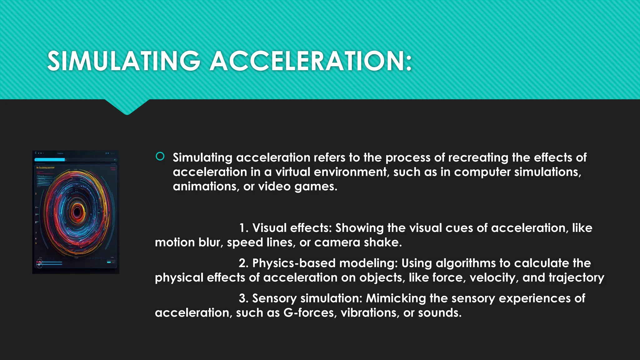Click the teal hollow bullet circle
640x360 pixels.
pos(160,156)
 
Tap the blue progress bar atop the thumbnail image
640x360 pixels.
pos(50,160)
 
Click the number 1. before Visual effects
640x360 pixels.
pos(244,228)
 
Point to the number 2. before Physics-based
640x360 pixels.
pos(244,263)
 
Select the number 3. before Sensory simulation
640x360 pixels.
pos(244,298)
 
